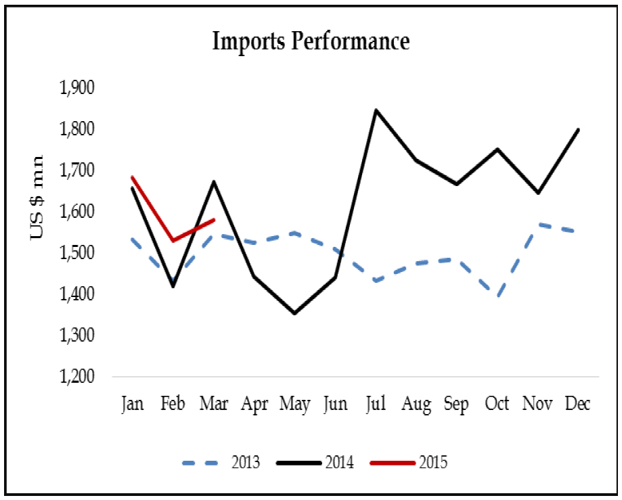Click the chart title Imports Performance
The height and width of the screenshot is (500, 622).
point(311,42)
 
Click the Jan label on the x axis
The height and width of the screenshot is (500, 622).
point(132,404)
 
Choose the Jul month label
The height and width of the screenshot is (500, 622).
point(376,404)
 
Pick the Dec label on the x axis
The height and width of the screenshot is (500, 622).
point(579,404)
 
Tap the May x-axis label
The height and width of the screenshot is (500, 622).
point(294,405)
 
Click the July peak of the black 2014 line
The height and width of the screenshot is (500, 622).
point(376,110)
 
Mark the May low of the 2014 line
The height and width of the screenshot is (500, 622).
point(294,313)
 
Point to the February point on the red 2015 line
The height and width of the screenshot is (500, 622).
point(173,240)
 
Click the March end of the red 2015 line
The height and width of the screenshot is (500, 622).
point(214,219)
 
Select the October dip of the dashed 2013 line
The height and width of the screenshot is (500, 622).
point(499,296)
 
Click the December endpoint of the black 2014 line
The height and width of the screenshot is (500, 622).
point(579,129)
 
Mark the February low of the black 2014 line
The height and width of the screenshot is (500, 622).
point(173,286)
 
